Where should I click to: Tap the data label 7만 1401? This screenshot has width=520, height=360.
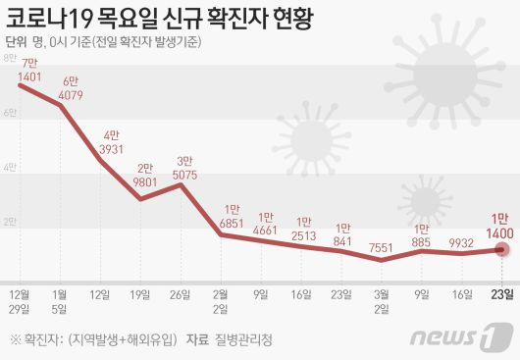point(28,71)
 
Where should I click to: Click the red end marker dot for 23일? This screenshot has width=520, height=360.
point(500,250)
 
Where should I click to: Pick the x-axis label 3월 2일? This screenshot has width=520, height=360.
point(382,300)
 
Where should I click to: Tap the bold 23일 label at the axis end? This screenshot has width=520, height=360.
point(500,293)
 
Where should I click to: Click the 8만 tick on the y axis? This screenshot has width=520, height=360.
point(10,60)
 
